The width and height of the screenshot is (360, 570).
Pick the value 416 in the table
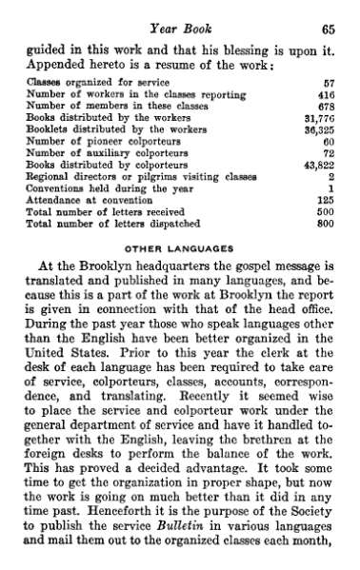tap(330, 123)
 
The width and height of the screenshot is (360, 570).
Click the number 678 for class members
tap(330, 134)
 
